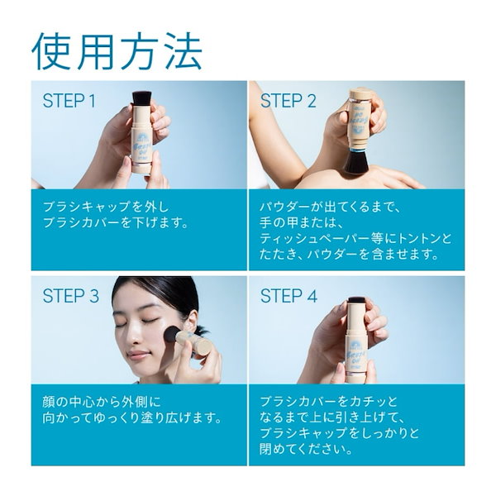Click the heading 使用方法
click(117, 51)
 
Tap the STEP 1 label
click(69, 101)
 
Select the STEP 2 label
click(289, 101)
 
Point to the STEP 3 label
click(71, 296)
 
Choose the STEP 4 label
click(289, 296)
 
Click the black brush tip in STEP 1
click(142, 98)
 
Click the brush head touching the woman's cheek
click(174, 335)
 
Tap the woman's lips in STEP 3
click(138, 355)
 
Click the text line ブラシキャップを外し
click(106, 207)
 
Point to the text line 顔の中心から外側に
click(102, 402)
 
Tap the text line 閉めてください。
click(306, 449)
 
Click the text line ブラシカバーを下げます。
click(116, 222)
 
